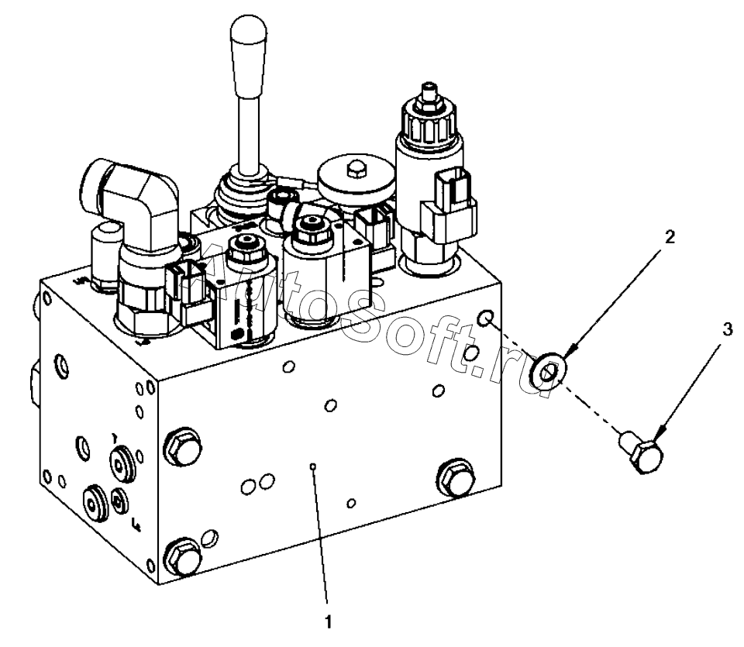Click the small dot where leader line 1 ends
pyautogui.click(x=312, y=466)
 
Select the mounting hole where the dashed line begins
pyautogui.click(x=485, y=319)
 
